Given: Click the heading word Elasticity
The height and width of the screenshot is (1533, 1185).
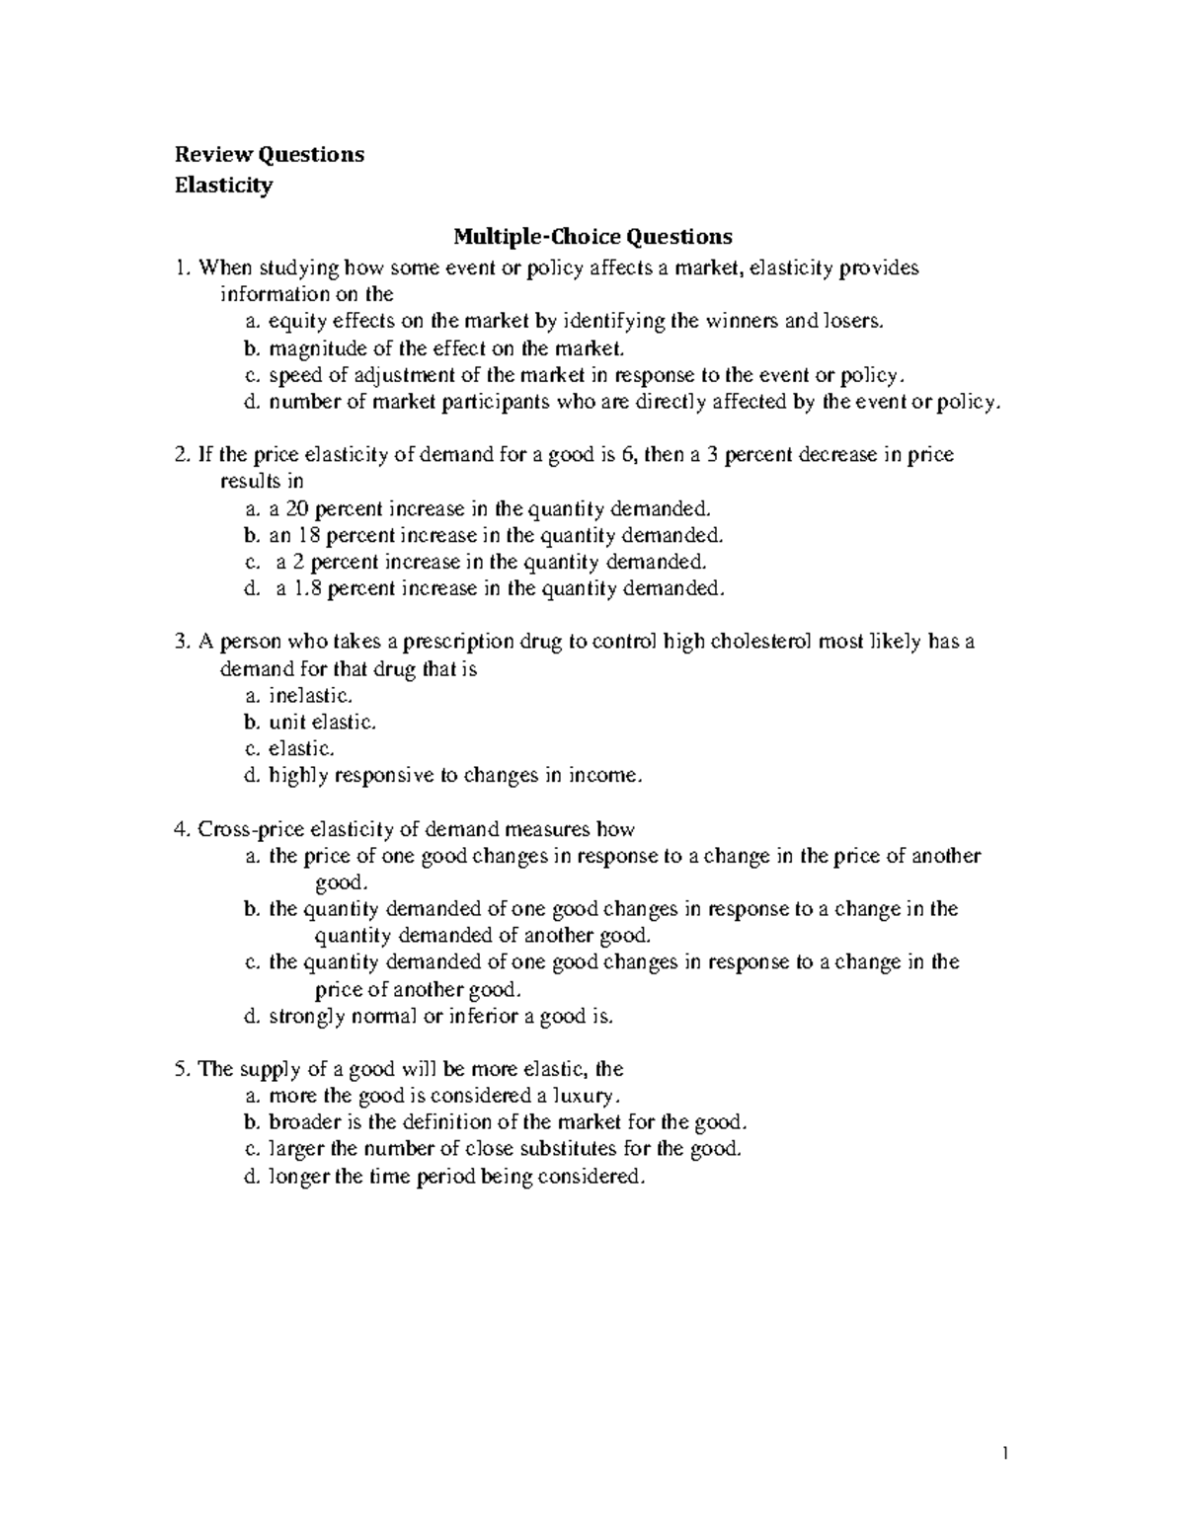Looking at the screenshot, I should tap(223, 186).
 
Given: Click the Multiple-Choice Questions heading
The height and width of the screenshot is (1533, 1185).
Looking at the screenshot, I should tap(592, 237).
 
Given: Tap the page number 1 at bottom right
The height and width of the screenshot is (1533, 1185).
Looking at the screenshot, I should tap(1004, 1452).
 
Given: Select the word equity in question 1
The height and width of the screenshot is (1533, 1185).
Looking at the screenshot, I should tap(294, 322).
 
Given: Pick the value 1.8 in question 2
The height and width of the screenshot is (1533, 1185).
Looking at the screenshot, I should tap(307, 589).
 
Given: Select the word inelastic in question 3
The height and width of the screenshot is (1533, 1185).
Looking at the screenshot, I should tap(308, 695).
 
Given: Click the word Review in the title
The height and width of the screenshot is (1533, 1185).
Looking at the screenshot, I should tap(213, 155).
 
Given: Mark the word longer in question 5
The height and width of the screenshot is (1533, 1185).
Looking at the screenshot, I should tap(299, 1176).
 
